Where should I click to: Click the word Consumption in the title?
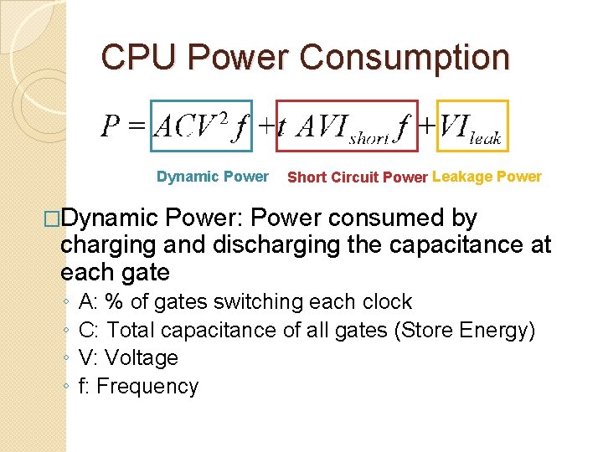pos(404,57)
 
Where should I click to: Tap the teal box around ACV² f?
pos(200,103)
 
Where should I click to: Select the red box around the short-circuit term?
pos(347,103)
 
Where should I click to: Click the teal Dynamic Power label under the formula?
pos(213,177)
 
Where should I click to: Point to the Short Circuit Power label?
pos(358,177)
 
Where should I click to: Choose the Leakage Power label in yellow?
pos(487,177)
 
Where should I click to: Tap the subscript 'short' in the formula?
pos(369,138)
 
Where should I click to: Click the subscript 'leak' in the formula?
pos(485,138)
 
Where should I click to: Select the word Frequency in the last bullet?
pos(147,386)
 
